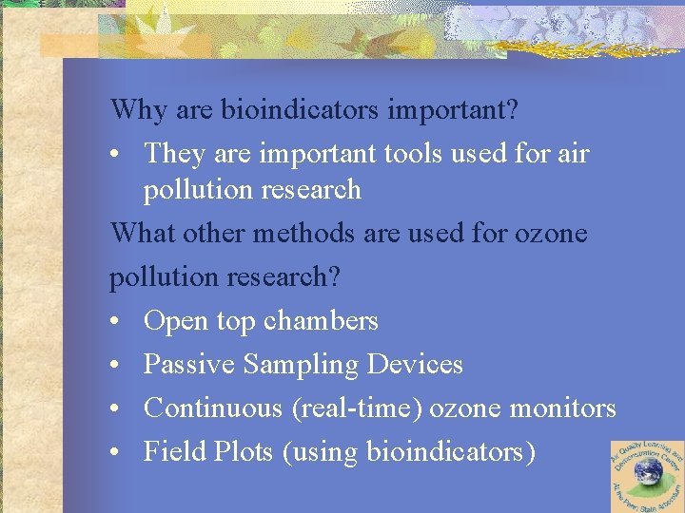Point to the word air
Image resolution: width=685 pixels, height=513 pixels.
click(x=572, y=153)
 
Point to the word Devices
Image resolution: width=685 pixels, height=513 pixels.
click(x=415, y=365)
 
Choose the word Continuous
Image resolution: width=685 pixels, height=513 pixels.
click(x=213, y=408)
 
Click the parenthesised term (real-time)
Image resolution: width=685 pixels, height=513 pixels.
click(x=357, y=409)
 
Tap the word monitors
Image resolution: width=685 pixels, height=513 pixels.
click(x=563, y=408)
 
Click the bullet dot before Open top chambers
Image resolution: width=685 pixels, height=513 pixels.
click(x=116, y=322)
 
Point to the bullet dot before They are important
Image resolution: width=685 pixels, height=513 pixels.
click(x=116, y=154)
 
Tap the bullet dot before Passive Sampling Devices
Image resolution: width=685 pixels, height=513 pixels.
click(x=116, y=366)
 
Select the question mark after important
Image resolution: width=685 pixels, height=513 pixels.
click(x=513, y=110)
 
